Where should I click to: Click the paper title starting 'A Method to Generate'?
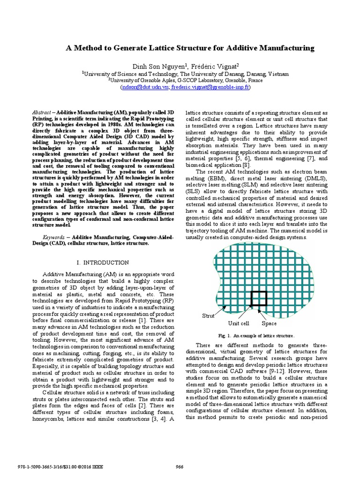(x=186, y=48)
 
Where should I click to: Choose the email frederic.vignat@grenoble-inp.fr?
(x=210, y=87)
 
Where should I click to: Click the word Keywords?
(x=54, y=238)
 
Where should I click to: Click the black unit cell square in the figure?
(x=258, y=299)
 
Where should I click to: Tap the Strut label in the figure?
(x=208, y=316)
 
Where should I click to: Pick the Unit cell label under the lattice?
(x=239, y=323)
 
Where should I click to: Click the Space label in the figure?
(x=269, y=323)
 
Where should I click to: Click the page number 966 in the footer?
(x=179, y=466)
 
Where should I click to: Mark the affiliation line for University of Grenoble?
(x=185, y=80)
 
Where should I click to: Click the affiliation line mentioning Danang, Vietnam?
(x=186, y=74)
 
